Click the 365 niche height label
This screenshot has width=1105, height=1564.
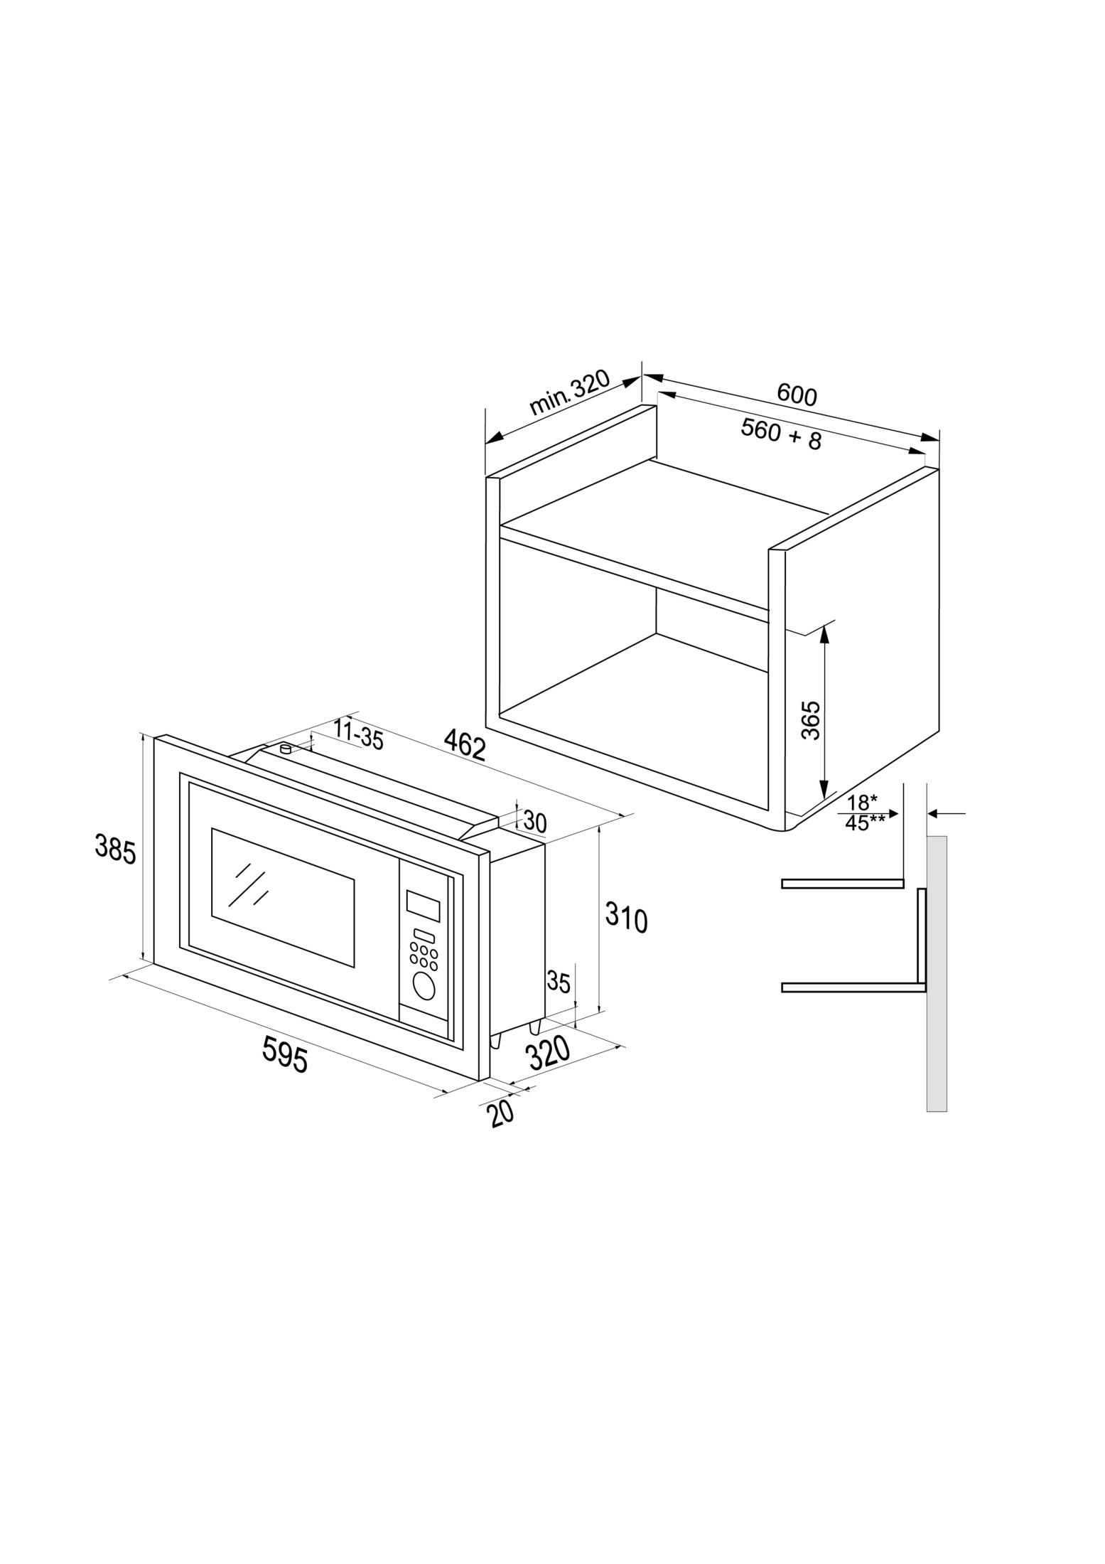pos(811,719)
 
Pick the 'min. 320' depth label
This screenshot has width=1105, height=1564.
pos(570,392)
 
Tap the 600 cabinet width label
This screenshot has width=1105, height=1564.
pos(797,395)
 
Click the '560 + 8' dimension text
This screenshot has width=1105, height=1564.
pos(781,434)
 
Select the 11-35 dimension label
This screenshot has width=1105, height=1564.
pos(358,735)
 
